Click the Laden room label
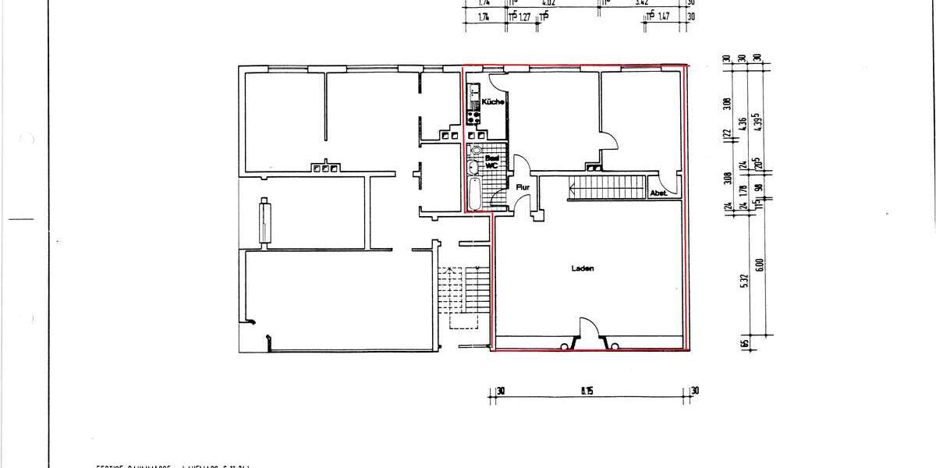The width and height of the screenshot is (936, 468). [582, 268]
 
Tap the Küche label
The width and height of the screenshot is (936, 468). [493, 102]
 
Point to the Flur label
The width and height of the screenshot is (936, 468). [523, 187]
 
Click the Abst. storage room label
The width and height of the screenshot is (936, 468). [658, 193]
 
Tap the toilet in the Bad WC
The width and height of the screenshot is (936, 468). [475, 151]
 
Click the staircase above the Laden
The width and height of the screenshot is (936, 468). [608, 187]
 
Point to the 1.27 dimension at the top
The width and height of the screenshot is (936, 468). [525, 16]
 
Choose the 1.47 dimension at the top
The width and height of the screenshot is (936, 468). [665, 16]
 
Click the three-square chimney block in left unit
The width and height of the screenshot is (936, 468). [324, 167]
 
